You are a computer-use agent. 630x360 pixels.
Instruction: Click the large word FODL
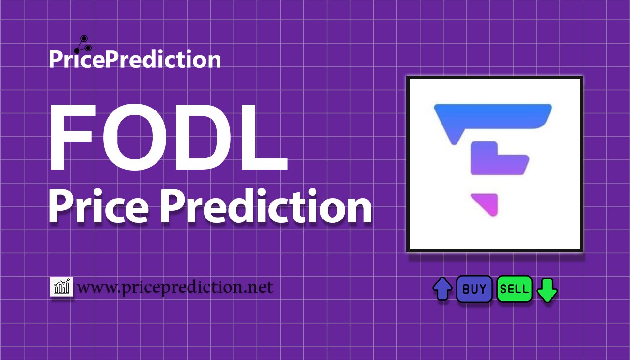tap(169, 138)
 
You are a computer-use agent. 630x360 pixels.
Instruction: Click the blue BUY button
tap(474, 289)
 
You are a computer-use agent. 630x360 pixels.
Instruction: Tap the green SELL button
tap(514, 289)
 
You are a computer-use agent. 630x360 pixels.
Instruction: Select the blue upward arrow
tap(442, 289)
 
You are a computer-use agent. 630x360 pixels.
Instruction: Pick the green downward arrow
tap(548, 289)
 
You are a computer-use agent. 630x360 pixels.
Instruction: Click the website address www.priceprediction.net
tap(175, 288)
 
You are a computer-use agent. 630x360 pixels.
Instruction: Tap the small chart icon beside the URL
tap(62, 287)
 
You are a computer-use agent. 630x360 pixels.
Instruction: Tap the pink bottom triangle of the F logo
tap(488, 203)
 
